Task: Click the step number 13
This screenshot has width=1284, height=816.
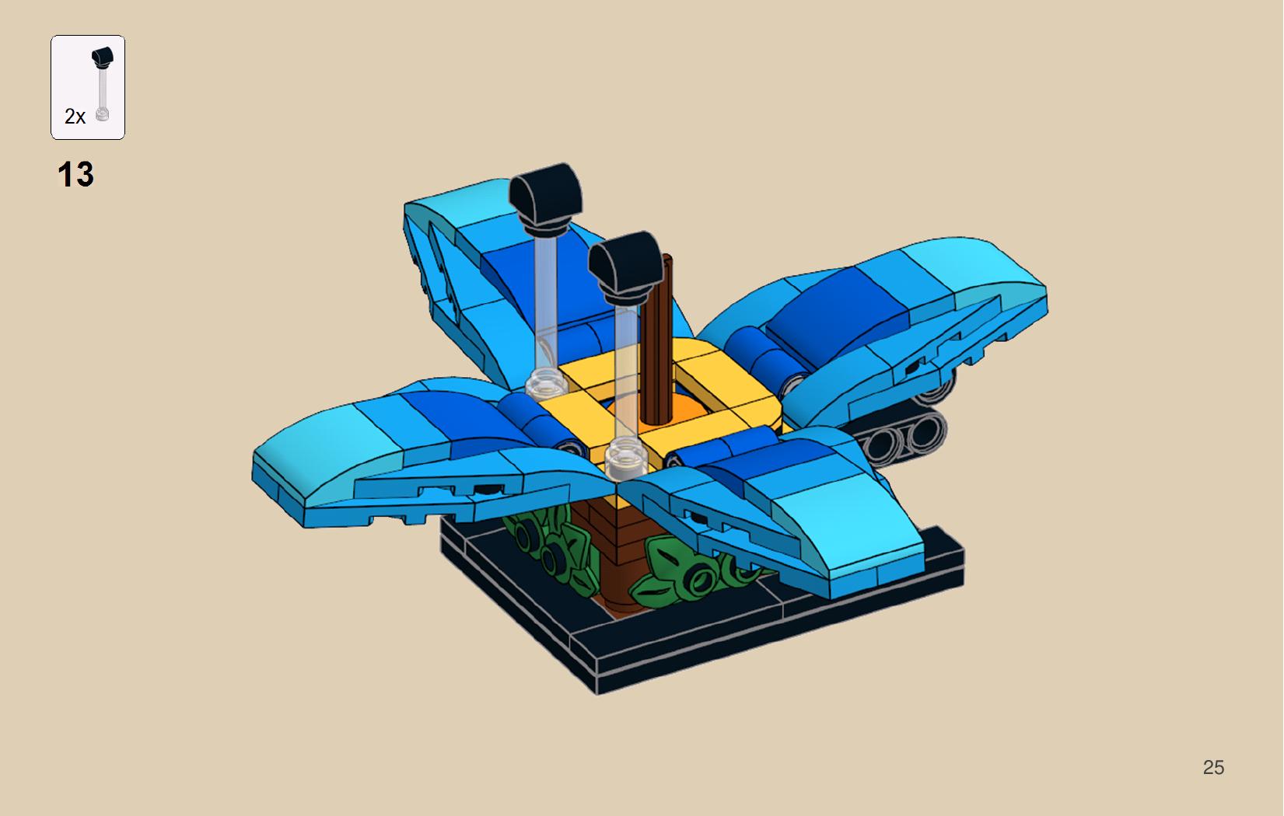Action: coord(75,174)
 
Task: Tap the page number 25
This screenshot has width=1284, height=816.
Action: coord(1213,767)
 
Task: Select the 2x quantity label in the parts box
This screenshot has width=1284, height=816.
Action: coord(75,117)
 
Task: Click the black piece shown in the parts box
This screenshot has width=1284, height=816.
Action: coord(103,58)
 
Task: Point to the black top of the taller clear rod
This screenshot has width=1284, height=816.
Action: coord(546,197)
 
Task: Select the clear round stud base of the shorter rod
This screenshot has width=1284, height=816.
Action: coord(626,457)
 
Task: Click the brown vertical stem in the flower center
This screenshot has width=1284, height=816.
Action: coord(656,340)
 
